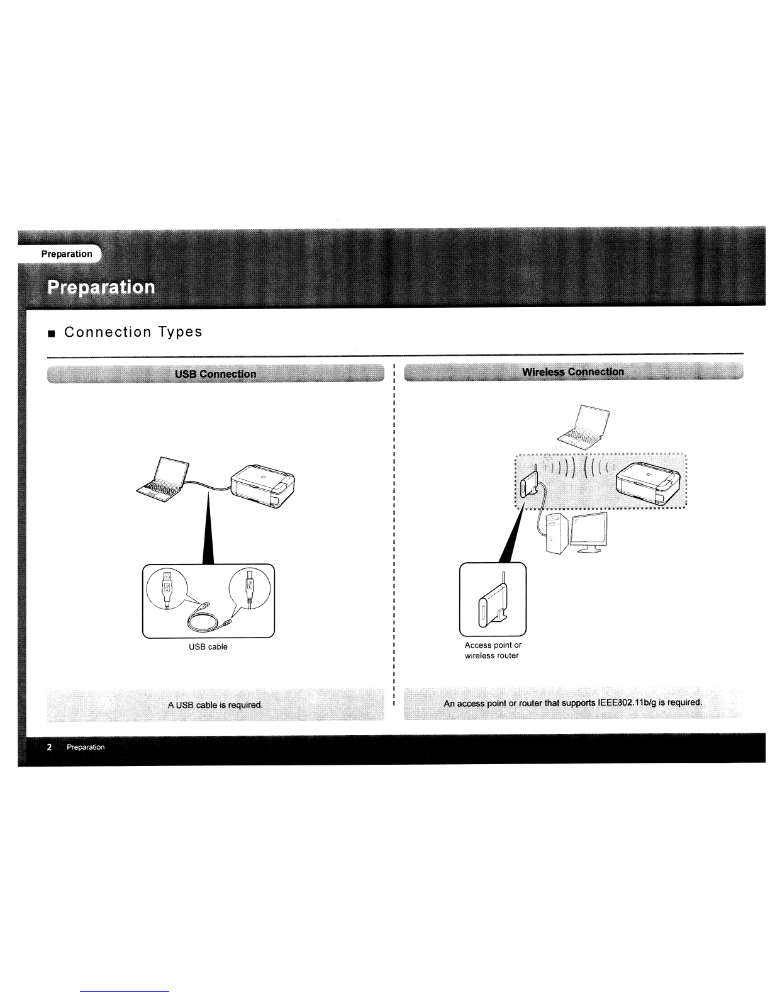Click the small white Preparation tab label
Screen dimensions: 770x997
coord(67,254)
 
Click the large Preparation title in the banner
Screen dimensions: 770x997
coord(101,287)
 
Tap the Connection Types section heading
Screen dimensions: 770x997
coord(133,332)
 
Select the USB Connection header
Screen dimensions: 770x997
coord(216,374)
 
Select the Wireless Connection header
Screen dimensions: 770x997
coord(573,371)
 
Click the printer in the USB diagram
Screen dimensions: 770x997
coord(263,486)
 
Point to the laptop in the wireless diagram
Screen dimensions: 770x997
coord(583,427)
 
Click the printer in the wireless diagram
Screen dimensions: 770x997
coord(648,483)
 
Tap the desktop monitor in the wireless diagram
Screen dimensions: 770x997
coord(589,532)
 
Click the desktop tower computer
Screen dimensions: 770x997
coord(556,534)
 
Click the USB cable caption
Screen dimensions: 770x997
coord(208,646)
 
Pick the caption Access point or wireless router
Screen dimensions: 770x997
coord(493,650)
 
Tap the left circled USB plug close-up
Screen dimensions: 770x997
coord(167,589)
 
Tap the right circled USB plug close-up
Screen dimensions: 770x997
coord(250,589)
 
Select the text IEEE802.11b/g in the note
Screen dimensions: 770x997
coord(627,702)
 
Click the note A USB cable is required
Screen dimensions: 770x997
coord(215,705)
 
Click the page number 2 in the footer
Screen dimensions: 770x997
coord(49,747)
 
